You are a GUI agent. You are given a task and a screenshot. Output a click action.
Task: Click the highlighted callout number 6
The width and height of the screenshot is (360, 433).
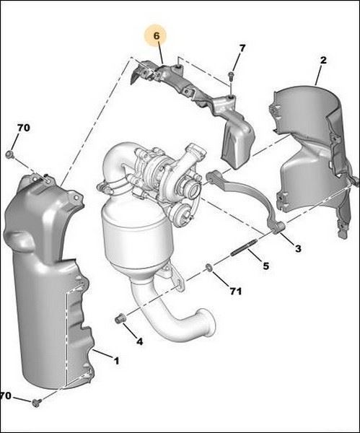coord(157,36)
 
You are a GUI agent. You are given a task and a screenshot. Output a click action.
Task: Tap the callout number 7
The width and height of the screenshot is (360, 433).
coord(242,48)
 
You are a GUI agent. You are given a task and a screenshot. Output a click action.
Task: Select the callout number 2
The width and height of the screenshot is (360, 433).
coord(323,60)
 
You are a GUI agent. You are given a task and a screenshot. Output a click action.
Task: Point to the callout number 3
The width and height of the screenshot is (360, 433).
coord(298,249)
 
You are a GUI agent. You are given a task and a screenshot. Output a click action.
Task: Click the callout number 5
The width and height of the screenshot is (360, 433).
coord(265,266)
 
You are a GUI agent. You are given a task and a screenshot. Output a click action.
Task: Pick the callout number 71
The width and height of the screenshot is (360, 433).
coord(235,291)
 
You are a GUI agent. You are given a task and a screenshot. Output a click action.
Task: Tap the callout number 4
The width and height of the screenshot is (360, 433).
coord(140,342)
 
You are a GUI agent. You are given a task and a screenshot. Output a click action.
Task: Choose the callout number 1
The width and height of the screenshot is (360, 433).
coord(117,361)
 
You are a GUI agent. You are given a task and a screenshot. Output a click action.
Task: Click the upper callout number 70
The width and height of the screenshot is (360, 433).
coord(24,128)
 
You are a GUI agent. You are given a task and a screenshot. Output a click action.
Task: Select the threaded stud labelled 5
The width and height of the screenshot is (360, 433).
coord(242,248)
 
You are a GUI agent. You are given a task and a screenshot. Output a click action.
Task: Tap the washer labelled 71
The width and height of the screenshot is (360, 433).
coord(209,267)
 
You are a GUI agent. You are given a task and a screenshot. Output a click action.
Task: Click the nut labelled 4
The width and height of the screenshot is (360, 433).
coord(120,319)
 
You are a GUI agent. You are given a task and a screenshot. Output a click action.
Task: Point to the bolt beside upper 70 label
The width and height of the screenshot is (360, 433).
coord(10,154)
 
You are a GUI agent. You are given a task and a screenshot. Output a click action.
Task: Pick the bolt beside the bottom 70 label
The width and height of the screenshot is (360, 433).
coord(37,403)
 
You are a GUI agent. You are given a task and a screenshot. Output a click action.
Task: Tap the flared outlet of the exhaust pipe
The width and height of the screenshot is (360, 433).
coord(206,323)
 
